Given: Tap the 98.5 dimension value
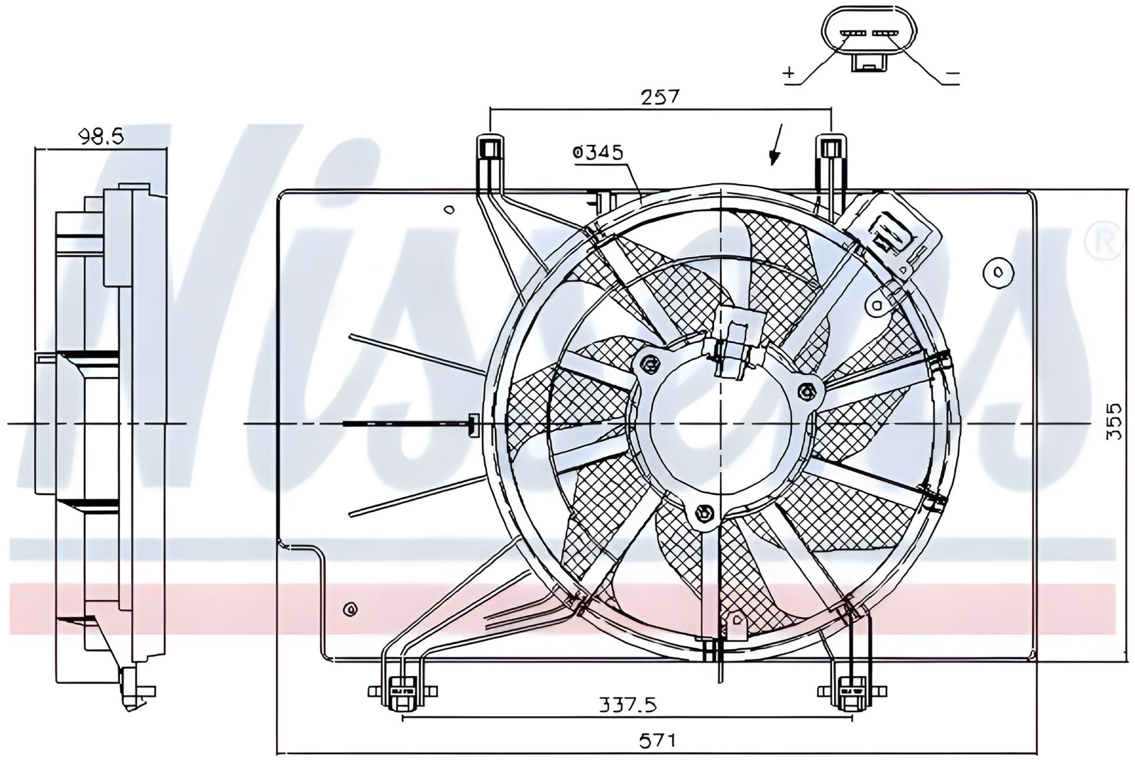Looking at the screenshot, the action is click(x=101, y=137).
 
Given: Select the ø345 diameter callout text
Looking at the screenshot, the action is click(x=598, y=153).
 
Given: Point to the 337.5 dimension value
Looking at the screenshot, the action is click(x=628, y=705).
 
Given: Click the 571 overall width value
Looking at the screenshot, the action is click(x=657, y=740).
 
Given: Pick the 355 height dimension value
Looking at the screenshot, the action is click(x=1114, y=421).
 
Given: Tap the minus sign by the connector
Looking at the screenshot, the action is click(x=952, y=74).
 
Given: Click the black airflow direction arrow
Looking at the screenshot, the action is click(x=776, y=144).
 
